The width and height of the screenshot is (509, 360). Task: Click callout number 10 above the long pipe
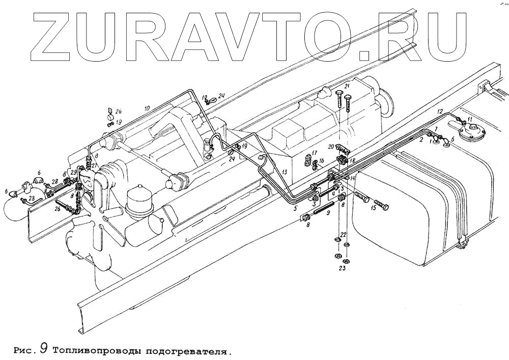pyautogui.click(x=147, y=108)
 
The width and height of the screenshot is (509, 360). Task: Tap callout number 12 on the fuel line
pyautogui.click(x=440, y=111)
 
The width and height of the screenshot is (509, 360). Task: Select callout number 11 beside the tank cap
pyautogui.click(x=470, y=120)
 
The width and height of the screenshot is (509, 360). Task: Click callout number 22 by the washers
pyautogui.click(x=343, y=234)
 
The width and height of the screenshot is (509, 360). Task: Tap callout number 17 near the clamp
pyautogui.click(x=315, y=152)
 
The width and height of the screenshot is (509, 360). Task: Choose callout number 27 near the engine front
pyautogui.click(x=94, y=165)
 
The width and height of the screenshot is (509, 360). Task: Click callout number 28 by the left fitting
pyautogui.click(x=54, y=181)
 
